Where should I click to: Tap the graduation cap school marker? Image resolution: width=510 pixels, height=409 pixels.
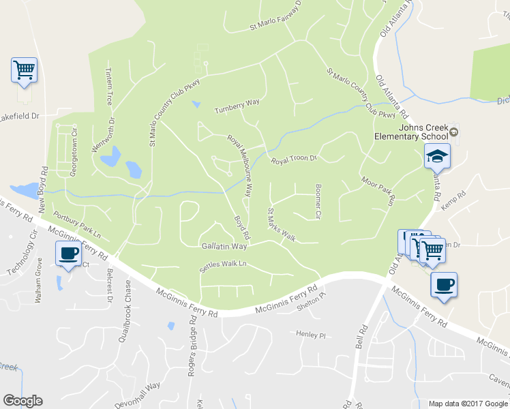pyautogui.click(x=437, y=157)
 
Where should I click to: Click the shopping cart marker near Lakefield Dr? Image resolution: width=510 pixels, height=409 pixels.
pyautogui.click(x=24, y=70)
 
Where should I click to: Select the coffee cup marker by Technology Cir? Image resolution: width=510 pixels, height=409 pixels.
pyautogui.click(x=67, y=254)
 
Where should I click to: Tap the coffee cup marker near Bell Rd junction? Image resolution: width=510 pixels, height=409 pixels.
pyautogui.click(x=444, y=285)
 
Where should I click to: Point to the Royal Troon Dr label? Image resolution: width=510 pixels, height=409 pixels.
pyautogui.click(x=295, y=160)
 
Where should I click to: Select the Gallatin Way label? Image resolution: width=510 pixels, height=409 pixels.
pyautogui.click(x=224, y=245)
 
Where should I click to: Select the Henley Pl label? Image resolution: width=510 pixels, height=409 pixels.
pyautogui.click(x=312, y=335)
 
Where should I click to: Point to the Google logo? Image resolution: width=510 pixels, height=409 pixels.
pyautogui.click(x=22, y=401)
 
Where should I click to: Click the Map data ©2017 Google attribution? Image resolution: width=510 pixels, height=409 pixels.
pyautogui.click(x=467, y=404)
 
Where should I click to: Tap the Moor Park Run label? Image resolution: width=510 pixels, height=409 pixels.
pyautogui.click(x=378, y=192)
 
